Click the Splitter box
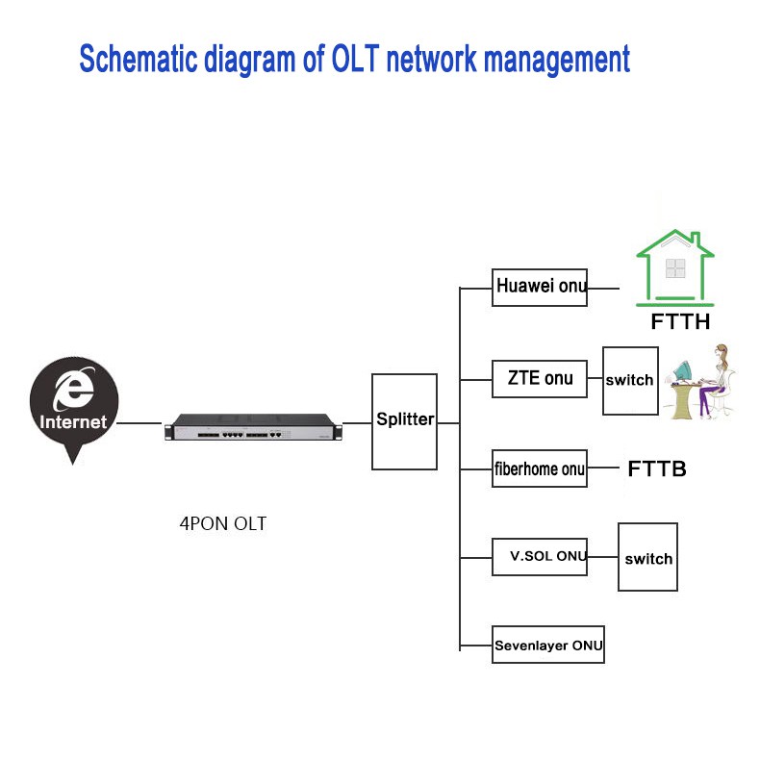coord(404,421)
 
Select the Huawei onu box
coord(539,287)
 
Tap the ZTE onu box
coord(539,378)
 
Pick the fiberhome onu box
coord(539,469)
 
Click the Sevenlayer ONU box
coord(548,645)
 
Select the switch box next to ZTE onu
coord(630,381)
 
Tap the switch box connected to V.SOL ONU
coord(647,558)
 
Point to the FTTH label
coord(680,322)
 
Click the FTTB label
coord(657,469)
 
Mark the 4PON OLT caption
coord(222,524)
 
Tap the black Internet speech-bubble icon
coord(73,406)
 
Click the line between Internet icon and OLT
coord(139,423)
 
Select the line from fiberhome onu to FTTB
coord(601,469)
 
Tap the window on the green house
coord(675,267)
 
